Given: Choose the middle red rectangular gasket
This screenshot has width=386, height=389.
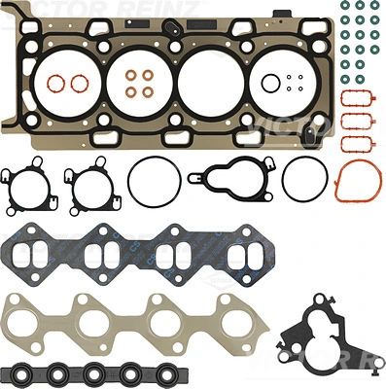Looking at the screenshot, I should click(x=355, y=123).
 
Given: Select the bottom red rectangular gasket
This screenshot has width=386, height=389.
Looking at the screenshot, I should click(x=355, y=145).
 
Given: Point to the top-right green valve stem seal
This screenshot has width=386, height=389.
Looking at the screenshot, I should click(x=373, y=7).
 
